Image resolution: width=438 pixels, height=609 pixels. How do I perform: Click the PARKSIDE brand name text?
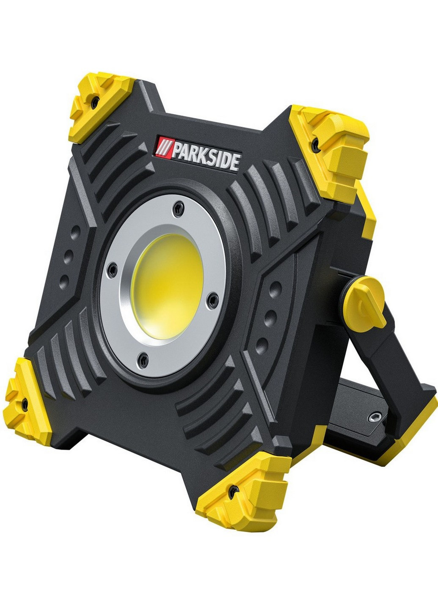point(206,158)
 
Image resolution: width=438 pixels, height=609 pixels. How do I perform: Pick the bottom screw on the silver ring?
point(143,360)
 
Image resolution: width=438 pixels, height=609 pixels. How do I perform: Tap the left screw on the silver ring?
point(112,270)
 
